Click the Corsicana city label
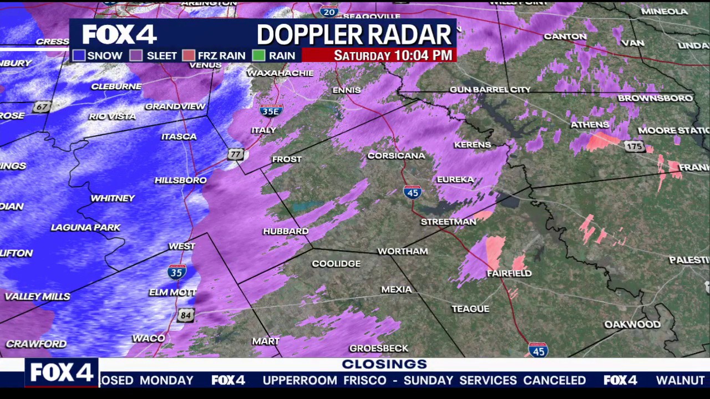pos(396,156)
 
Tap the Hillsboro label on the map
pos(180,180)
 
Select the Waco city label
pos(149,338)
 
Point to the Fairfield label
pos(509,273)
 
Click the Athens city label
pos(590,125)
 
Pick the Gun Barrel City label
pos(490,89)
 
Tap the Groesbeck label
pos(379,348)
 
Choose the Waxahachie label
pos(280,73)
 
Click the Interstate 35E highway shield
pos(271,110)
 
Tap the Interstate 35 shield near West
pos(176,272)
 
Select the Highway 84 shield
pos(186,316)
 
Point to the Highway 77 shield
pos(236,154)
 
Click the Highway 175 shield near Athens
pos(633,146)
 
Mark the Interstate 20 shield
pos(329,11)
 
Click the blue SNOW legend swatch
pos(79,55)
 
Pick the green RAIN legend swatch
pos(258,55)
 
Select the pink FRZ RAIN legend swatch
pos(189,55)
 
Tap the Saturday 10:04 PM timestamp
pos(393,55)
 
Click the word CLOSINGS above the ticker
pos(384,364)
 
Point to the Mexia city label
pos(396,289)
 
